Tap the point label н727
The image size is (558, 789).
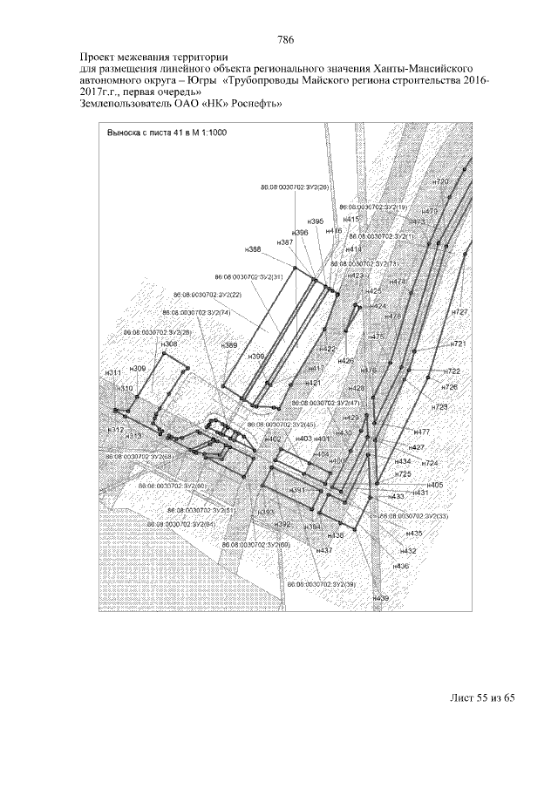[460, 312]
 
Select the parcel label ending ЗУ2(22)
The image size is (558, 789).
[208, 295]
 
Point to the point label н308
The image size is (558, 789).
[169, 344]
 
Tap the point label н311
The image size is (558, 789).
[112, 372]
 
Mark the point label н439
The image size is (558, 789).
[380, 599]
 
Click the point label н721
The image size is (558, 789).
[459, 344]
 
